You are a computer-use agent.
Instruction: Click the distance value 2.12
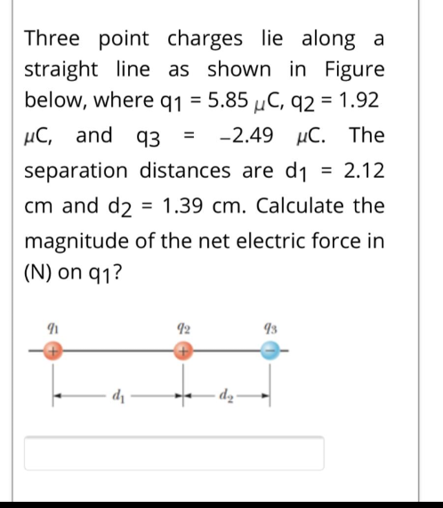pos(366,169)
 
